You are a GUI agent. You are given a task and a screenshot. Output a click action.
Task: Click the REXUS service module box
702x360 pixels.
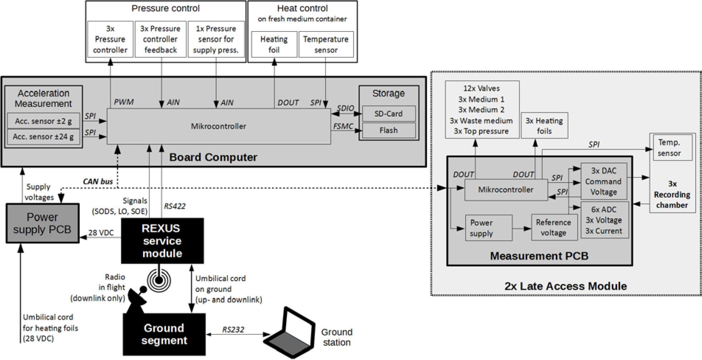(162, 241)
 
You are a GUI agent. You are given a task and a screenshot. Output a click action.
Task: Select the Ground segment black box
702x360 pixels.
(164, 334)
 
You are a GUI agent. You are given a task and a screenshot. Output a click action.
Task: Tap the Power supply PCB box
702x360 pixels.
(43, 223)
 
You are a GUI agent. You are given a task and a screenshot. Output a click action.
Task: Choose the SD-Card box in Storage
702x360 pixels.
(388, 114)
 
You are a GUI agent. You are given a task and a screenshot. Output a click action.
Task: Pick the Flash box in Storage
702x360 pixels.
(388, 130)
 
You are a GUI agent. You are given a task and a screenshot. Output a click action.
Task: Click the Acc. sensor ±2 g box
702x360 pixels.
(43, 121)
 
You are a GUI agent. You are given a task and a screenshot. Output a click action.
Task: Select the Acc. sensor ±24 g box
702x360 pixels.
(43, 137)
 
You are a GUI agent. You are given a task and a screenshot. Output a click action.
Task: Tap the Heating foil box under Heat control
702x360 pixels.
(274, 44)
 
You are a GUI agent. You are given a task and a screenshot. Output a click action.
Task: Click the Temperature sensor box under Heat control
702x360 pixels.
(326, 44)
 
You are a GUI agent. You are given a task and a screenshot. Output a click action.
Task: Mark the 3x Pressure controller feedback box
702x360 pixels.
(160, 39)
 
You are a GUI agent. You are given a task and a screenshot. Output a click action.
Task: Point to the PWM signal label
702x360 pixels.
(124, 102)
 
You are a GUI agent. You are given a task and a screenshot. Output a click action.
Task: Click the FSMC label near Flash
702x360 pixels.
(343, 126)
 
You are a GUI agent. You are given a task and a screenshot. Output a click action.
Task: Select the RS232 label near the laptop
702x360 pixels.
(233, 330)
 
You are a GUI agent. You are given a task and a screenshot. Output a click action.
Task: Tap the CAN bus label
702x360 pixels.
(98, 181)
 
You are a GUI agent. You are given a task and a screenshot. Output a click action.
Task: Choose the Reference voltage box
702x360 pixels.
(554, 228)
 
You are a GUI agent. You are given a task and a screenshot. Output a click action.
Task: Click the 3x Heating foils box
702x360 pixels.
(544, 126)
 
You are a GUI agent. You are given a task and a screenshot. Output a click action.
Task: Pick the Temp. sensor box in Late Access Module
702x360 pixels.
(669, 148)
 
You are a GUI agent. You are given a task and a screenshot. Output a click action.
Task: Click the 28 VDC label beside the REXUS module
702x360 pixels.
(101, 233)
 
